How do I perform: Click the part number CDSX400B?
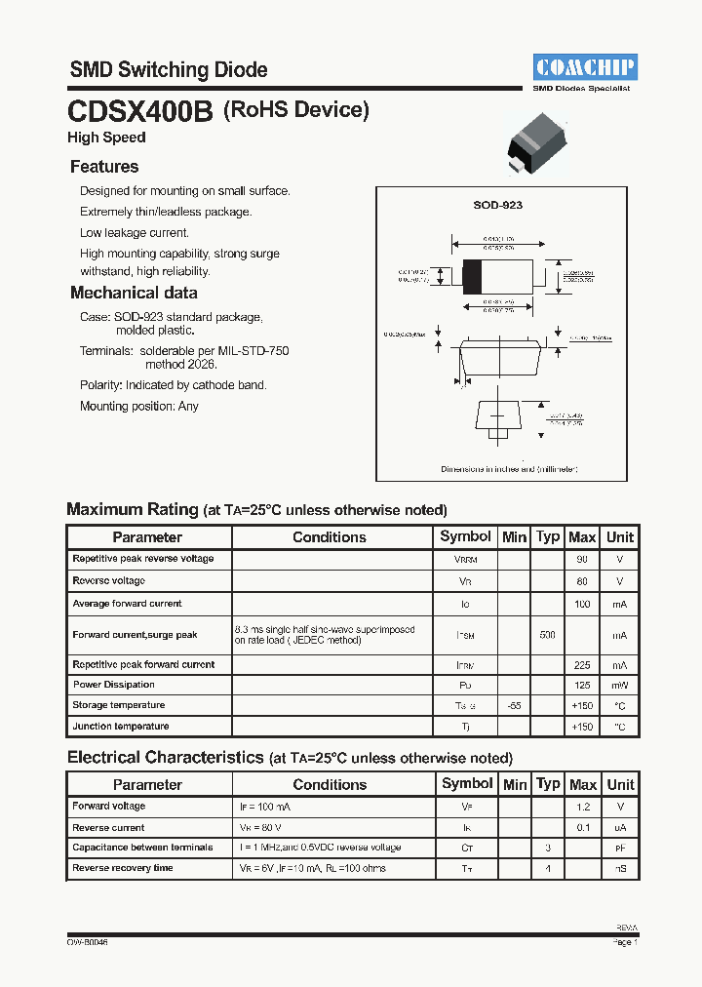[x=140, y=112]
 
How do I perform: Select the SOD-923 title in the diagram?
[x=497, y=205]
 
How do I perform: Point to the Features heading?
[x=104, y=167]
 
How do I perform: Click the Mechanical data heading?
[x=134, y=293]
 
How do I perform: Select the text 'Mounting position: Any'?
[x=138, y=406]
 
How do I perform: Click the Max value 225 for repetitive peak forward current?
[x=581, y=664]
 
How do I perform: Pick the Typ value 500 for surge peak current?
[x=547, y=635]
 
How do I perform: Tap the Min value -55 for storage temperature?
[x=514, y=705]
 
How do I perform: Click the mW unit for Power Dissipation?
[x=619, y=685]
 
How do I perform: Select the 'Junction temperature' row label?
[x=120, y=726]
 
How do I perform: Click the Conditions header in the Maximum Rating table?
[x=330, y=537]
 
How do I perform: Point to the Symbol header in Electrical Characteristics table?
[x=467, y=783]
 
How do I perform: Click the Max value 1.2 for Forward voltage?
[x=582, y=807]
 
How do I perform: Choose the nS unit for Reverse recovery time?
[x=619, y=868]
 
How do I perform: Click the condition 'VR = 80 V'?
[x=263, y=827]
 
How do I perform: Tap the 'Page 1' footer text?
[x=624, y=943]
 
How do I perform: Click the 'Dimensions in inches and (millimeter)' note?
[x=509, y=469]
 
